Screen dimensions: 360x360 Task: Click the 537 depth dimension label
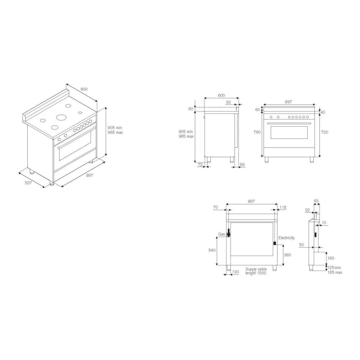28,183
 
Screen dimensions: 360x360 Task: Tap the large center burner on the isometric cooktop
62,117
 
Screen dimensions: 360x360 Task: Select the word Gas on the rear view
221,234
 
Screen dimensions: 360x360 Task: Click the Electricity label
286,238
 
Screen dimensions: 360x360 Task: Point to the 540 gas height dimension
212,250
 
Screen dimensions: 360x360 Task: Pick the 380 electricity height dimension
287,255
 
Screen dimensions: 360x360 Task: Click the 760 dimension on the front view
257,132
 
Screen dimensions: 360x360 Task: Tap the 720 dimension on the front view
324,132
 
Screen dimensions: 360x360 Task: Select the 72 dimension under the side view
200,165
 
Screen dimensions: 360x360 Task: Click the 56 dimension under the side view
242,165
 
